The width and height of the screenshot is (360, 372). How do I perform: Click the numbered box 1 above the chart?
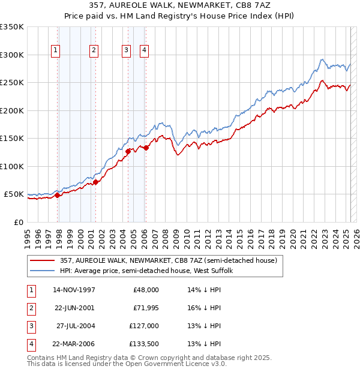click(x=55, y=51)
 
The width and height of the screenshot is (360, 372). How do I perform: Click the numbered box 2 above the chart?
click(x=94, y=51)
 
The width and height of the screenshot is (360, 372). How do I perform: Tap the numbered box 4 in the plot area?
click(x=145, y=51)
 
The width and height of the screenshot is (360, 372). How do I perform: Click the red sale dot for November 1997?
click(x=58, y=195)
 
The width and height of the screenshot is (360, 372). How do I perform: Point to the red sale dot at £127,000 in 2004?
click(x=128, y=151)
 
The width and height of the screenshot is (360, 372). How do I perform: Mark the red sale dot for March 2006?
click(x=146, y=148)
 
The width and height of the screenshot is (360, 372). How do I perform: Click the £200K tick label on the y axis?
click(x=11, y=110)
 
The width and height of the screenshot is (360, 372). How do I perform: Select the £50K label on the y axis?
click(x=14, y=194)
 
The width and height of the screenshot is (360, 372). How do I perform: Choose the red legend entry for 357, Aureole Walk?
click(x=168, y=260)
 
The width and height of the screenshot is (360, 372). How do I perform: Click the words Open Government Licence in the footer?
click(x=171, y=364)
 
